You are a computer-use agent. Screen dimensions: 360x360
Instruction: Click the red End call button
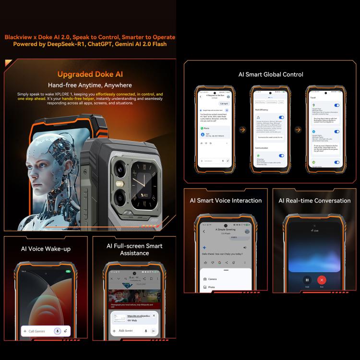[x=322, y=280]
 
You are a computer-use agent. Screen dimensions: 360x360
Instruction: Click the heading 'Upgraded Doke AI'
[x=90, y=74]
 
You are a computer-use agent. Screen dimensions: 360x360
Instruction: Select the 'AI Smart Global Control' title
[x=271, y=74]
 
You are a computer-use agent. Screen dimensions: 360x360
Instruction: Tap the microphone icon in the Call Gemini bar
[x=57, y=331]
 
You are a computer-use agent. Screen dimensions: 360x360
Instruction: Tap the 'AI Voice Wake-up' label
[x=46, y=249]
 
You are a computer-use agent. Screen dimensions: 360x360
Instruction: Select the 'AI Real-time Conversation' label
[x=314, y=201]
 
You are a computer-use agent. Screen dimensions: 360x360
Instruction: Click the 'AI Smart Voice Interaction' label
[x=226, y=201]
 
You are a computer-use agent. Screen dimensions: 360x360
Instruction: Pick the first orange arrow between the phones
[x=242, y=130]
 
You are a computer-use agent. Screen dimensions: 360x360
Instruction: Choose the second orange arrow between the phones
[x=298, y=130]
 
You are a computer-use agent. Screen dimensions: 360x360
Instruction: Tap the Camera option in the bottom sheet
[x=212, y=278]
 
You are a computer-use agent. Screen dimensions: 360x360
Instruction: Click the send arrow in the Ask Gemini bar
[x=154, y=331]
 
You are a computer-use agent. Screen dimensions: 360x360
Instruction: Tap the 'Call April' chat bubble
[x=224, y=104]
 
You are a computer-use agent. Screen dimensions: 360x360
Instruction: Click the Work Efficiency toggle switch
[x=281, y=117]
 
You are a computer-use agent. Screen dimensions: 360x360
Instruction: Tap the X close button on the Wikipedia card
[x=154, y=315]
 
